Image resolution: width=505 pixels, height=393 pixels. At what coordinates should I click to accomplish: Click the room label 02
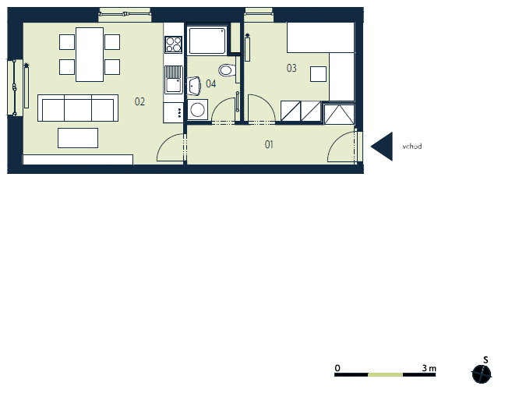[x=139, y=102]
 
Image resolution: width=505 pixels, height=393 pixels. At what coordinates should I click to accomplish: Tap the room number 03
[x=291, y=68]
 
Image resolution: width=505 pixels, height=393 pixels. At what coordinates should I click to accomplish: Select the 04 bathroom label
[x=211, y=83]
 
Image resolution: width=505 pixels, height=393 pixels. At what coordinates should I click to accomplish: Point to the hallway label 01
[x=269, y=144]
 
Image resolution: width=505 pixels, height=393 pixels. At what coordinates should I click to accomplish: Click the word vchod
[x=412, y=147]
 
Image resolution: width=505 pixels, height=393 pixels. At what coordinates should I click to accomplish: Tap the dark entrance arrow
[x=382, y=147]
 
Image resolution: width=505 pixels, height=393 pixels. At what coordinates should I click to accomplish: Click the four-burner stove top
[x=173, y=44]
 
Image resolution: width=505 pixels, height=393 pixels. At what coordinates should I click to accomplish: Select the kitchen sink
[x=174, y=80]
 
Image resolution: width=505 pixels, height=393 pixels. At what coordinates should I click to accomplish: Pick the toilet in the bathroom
[x=228, y=70]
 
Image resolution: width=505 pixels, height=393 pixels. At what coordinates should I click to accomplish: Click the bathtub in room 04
[x=207, y=41]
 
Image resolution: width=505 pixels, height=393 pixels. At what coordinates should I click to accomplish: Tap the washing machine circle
[x=197, y=109]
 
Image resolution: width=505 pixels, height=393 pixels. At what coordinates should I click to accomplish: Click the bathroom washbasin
[x=194, y=86]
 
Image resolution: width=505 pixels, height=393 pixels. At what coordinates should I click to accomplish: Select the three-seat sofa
[x=78, y=108]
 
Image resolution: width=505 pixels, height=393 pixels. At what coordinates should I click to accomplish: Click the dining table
[x=90, y=55]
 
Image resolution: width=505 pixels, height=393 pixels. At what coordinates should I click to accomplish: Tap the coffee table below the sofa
[x=78, y=138]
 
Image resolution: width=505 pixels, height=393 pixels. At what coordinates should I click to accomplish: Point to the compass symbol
[x=482, y=374]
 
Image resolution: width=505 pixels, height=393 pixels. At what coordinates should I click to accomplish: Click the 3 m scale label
[x=429, y=368]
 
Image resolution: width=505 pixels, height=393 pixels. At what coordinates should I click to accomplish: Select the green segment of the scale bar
[x=385, y=374]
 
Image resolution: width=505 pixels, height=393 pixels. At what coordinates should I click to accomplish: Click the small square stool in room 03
[x=318, y=74]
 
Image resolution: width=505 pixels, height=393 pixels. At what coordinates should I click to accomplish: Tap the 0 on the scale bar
[x=337, y=368]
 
